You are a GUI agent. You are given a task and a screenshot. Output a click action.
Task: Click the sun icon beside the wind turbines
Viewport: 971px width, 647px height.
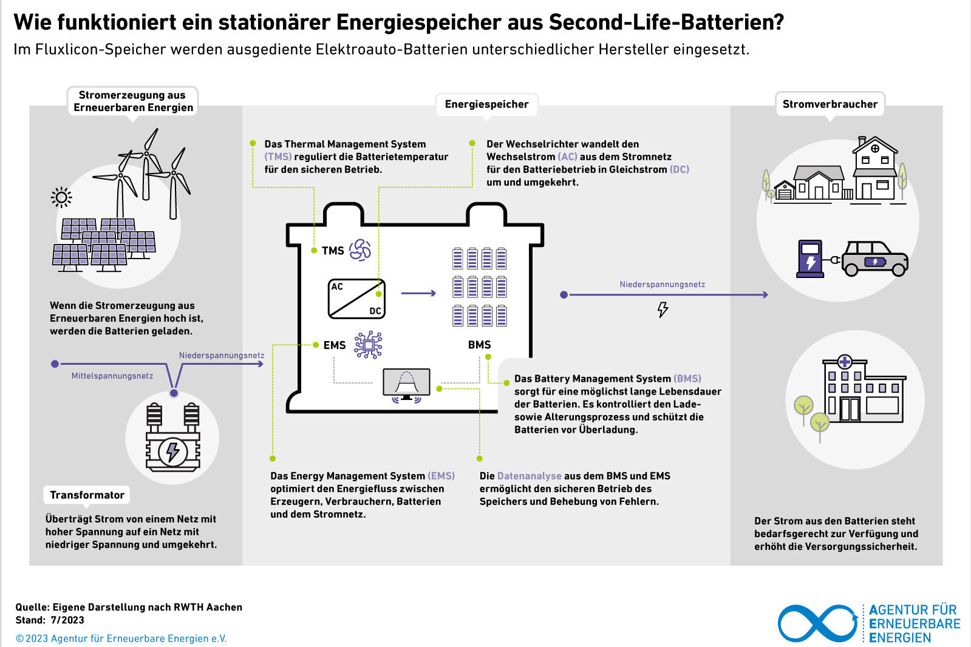click(61, 198)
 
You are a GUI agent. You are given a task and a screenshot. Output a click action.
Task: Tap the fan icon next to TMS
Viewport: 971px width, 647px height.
click(359, 250)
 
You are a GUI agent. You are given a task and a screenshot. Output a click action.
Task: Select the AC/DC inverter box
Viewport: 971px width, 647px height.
click(356, 299)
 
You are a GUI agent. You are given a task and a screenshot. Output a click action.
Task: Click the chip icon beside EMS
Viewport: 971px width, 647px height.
click(368, 345)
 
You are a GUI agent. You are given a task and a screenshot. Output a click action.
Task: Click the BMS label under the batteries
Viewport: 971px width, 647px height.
click(479, 345)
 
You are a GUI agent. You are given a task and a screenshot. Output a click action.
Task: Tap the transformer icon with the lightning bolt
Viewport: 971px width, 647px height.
click(173, 437)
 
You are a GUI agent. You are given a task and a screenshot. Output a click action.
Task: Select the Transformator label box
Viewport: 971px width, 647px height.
click(87, 495)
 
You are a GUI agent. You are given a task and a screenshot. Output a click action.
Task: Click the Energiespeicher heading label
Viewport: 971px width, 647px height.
click(486, 104)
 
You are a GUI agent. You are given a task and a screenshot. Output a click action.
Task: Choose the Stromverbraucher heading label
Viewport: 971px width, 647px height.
click(830, 104)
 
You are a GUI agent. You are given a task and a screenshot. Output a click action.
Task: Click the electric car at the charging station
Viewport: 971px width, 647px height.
click(875, 259)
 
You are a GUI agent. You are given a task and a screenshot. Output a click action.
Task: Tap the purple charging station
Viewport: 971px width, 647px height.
click(809, 259)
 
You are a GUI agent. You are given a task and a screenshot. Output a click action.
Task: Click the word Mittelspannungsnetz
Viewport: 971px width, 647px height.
click(112, 376)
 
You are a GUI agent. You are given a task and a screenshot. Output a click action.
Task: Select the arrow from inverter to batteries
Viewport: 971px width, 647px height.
click(418, 293)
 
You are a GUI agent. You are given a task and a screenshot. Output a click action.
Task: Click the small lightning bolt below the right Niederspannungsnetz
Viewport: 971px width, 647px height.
click(663, 310)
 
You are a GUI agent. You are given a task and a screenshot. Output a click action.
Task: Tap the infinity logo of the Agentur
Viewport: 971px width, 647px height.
click(818, 623)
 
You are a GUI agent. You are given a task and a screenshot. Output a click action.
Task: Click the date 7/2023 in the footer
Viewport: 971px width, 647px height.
click(67, 620)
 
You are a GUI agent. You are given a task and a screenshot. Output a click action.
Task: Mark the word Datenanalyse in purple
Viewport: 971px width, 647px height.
click(530, 476)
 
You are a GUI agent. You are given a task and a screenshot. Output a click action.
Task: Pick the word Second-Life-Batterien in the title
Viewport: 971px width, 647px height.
click(666, 22)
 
